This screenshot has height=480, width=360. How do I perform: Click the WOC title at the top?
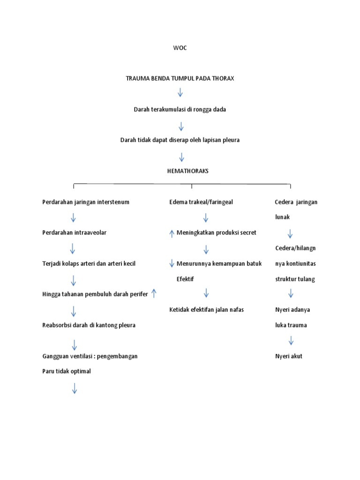180,48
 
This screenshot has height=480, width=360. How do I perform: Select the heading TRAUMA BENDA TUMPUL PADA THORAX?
180,79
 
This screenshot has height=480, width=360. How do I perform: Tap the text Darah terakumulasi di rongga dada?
180,110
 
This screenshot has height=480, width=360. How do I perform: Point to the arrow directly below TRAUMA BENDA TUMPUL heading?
180,92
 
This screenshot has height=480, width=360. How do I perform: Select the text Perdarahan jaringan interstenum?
86,202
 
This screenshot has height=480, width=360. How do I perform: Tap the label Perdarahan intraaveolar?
74,232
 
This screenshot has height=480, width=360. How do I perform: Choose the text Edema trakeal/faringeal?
201,202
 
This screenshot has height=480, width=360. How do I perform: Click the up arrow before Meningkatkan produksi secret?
172,233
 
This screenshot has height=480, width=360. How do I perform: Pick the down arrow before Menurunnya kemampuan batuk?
172,263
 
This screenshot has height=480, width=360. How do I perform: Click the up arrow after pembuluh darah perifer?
154,294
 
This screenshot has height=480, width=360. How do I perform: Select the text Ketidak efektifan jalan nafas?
207,309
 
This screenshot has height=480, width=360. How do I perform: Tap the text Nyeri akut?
289,356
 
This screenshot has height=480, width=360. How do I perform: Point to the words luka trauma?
291,325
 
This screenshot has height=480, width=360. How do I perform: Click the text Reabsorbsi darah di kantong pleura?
89,325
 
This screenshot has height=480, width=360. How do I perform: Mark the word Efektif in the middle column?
185,279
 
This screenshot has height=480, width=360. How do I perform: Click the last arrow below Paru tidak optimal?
74,388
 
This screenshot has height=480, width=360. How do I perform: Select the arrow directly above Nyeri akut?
291,341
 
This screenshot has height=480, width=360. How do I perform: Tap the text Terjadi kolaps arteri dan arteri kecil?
89,263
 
